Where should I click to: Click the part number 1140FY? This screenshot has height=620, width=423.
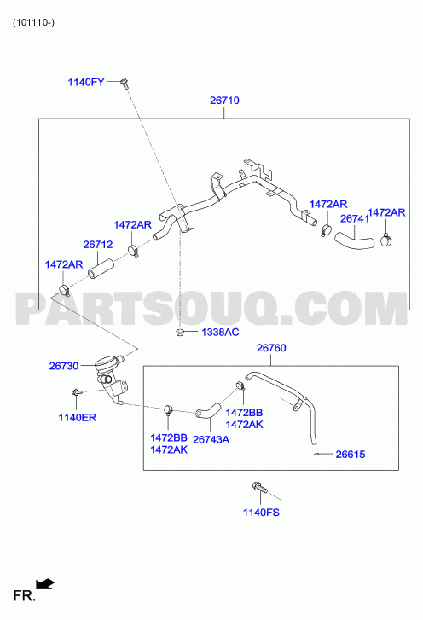86,82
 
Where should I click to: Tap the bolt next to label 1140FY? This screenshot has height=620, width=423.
125,84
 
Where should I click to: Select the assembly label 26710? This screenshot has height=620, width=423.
224,101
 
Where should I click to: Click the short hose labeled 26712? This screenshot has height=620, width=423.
101,269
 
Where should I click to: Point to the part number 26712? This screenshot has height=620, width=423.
97,245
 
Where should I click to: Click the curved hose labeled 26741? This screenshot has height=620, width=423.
354,241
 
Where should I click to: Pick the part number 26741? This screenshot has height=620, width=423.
354,218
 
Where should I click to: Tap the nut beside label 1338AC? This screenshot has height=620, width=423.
179,332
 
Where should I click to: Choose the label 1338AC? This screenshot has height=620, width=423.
220,332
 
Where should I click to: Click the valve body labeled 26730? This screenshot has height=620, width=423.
111,378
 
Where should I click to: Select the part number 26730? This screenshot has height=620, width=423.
64,366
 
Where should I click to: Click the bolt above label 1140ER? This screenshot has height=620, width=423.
76,392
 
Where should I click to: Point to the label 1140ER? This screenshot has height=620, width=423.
77,418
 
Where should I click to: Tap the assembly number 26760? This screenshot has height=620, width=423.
271,348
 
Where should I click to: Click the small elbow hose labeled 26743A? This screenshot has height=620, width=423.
208,410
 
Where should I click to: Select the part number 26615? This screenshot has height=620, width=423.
351,455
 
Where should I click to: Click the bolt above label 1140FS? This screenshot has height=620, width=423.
259,487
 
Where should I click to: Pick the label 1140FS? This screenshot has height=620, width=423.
261,513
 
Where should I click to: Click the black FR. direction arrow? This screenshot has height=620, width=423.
45,583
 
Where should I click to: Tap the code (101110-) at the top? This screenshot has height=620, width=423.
33,22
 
